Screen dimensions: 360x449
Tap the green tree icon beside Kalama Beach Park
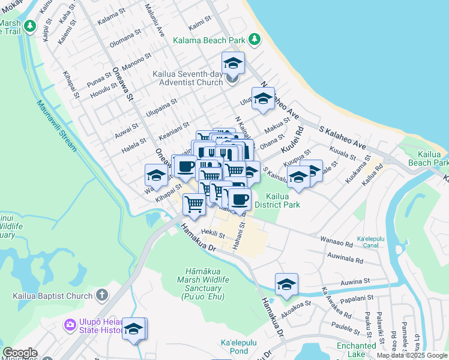[x=255, y=40]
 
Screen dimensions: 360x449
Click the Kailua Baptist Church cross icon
[x=102, y=296]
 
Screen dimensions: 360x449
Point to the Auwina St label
[x=355, y=281]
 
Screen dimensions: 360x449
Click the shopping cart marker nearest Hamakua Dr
[x=194, y=204]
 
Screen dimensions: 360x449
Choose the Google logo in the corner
[x=20, y=353]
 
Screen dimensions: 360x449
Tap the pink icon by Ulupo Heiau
[x=71, y=326]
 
